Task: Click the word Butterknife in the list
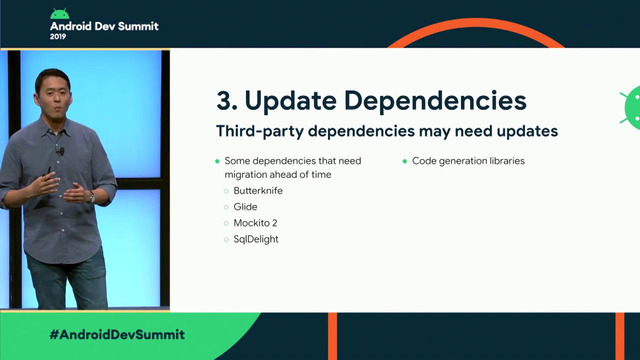click(x=262, y=189)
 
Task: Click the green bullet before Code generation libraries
click(x=405, y=160)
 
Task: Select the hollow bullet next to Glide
click(x=226, y=207)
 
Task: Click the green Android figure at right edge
click(x=631, y=104)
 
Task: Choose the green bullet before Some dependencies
click(x=217, y=160)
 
